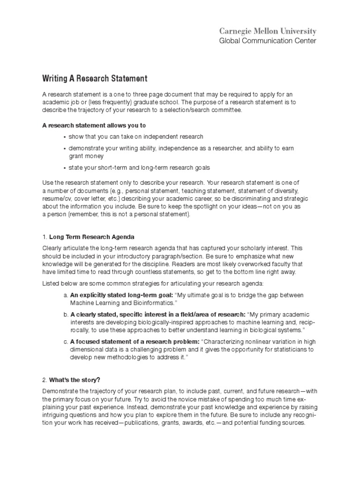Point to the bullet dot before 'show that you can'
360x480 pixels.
coord(64,137)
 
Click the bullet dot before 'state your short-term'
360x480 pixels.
coord(64,167)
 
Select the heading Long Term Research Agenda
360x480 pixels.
coord(92,237)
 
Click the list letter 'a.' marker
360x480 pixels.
coord(65,295)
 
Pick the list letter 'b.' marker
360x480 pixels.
coord(65,314)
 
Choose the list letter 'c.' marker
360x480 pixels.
coord(65,342)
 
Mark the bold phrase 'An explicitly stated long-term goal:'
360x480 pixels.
coord(121,295)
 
